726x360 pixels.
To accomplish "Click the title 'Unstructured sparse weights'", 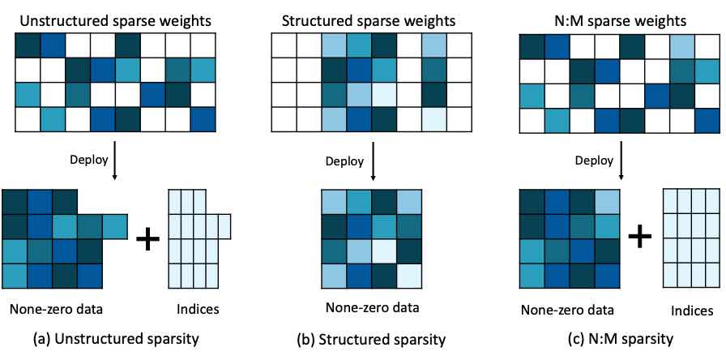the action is click(x=115, y=21).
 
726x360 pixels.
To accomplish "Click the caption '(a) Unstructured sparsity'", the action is click(x=116, y=339).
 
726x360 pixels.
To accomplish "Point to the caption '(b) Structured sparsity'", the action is click(x=371, y=340).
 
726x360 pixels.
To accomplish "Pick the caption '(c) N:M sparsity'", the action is click(x=621, y=339).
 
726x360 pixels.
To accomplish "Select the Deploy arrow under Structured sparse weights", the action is click(x=373, y=157).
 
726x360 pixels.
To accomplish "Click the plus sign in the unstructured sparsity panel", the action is click(x=147, y=238).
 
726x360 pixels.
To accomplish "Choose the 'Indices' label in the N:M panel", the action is click(x=692, y=311).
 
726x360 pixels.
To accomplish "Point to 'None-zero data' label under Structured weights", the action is click(x=372, y=307).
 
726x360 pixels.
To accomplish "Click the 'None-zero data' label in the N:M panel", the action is click(x=568, y=310).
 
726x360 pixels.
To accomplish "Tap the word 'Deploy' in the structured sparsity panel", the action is click(x=344, y=161).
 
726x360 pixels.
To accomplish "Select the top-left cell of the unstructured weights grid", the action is click(x=28, y=45).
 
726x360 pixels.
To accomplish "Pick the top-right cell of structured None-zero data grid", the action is click(x=409, y=202).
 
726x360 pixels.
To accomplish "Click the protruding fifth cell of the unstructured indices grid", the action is click(x=224, y=226).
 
